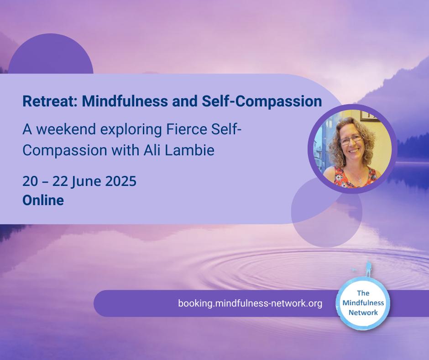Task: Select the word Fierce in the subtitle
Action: [186, 129]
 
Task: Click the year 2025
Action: [120, 181]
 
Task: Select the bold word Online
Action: [43, 200]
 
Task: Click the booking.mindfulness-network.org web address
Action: [250, 303]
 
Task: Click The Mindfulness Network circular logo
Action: [363, 303]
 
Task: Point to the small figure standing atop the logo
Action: [369, 269]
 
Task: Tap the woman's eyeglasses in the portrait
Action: [351, 140]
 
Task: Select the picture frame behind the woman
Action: [370, 116]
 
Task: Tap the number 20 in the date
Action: [30, 181]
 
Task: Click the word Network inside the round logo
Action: [363, 312]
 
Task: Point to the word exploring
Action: [131, 130]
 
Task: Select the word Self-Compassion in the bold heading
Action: [262, 101]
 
